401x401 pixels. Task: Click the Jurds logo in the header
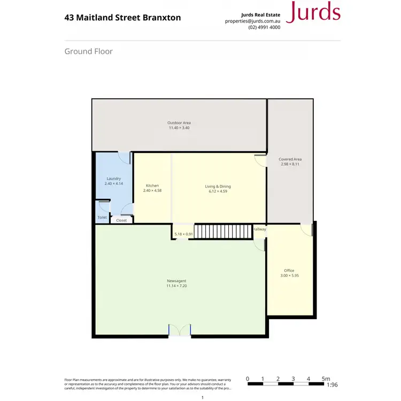[313, 12]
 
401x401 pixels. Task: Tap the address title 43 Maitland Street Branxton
[122, 18]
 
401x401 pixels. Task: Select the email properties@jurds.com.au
[253, 21]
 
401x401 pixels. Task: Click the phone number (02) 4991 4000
[265, 27]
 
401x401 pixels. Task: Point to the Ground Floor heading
[88, 51]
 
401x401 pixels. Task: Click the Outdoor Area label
[179, 123]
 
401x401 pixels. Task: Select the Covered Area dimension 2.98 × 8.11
[290, 164]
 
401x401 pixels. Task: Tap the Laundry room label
[114, 179]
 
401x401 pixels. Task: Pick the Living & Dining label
[218, 186]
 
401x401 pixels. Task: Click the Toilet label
[102, 218]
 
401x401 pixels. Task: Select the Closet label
[121, 220]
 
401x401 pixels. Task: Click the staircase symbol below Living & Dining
[222, 232]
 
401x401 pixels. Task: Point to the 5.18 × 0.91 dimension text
[183, 234]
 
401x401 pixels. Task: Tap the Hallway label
[259, 229]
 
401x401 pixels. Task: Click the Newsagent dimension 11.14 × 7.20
[176, 286]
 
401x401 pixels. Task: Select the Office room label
[289, 271]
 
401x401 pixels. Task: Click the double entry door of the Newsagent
[180, 330]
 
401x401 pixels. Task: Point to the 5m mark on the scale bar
[326, 379]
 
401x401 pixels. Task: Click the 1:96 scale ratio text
[332, 384]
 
